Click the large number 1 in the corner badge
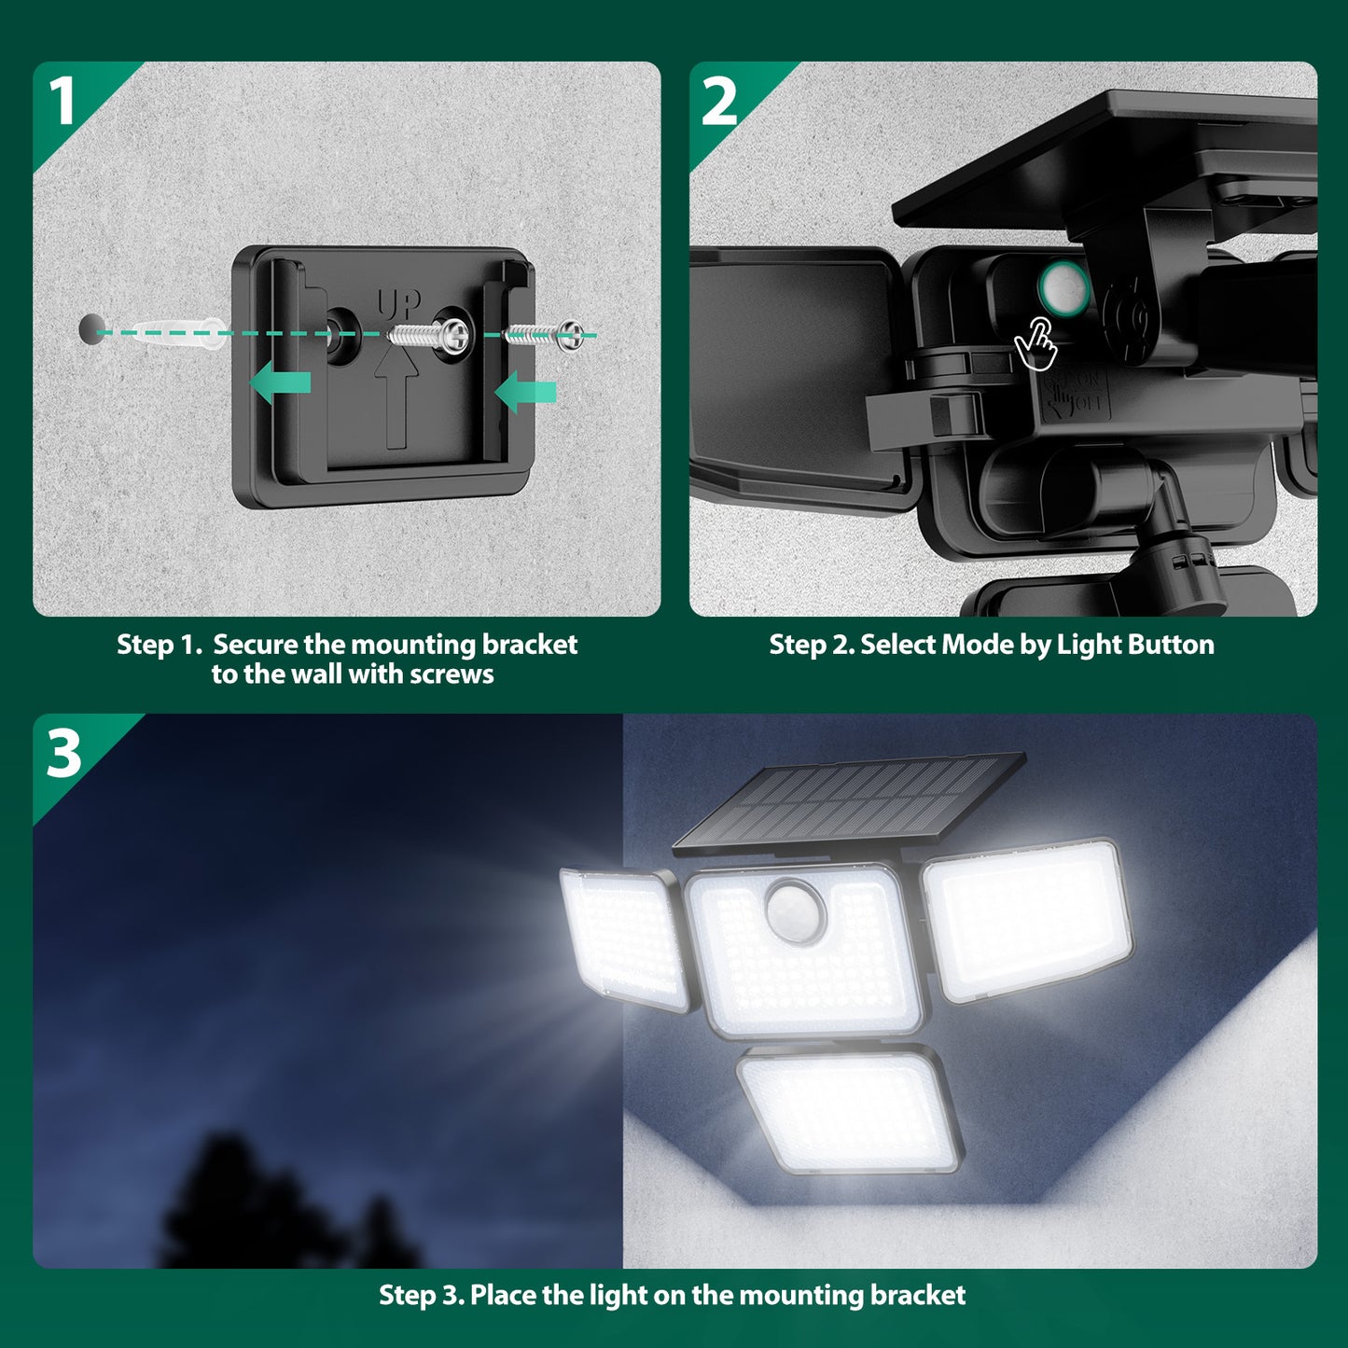coord(62,101)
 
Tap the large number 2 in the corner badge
coord(719,102)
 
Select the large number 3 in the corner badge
coord(63,754)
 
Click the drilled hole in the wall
coord(91,329)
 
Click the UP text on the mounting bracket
coord(398,304)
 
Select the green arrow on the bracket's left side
coord(281,382)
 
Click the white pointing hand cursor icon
coord(1036,343)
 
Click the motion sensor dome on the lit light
coord(795,908)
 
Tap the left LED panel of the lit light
coord(623,938)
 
